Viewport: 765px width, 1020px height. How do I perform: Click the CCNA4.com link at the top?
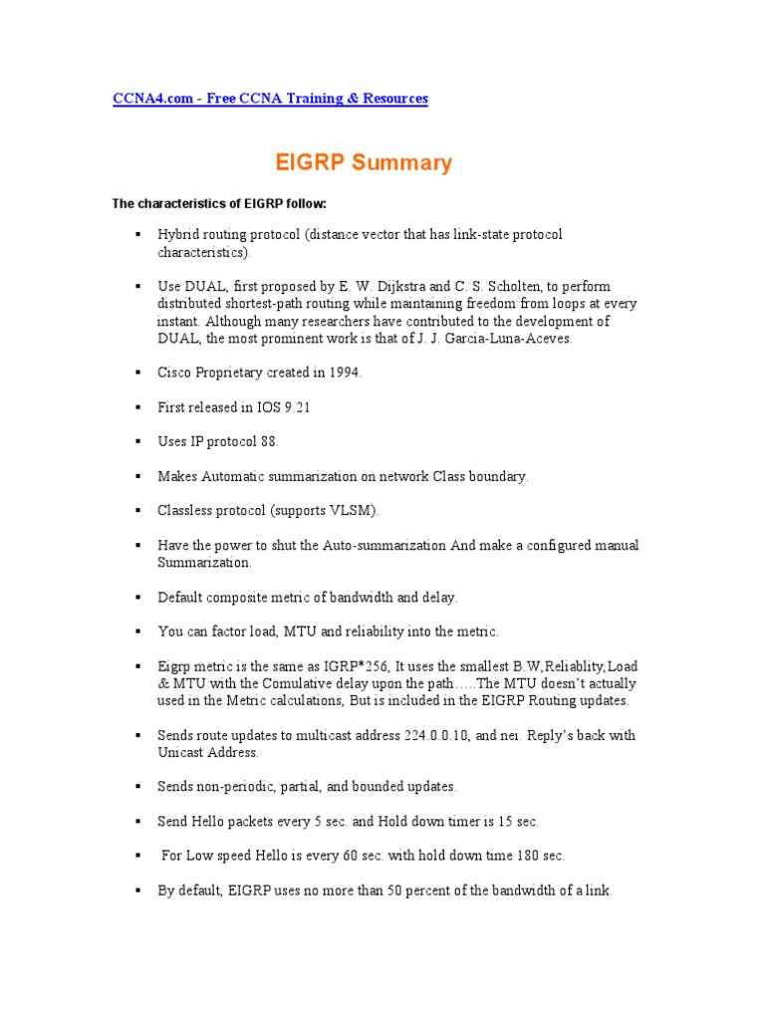[x=270, y=99]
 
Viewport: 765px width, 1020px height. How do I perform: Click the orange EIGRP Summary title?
[x=363, y=162]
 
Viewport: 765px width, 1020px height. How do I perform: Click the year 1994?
[x=343, y=373]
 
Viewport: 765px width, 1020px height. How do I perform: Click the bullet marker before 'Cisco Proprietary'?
[x=136, y=373]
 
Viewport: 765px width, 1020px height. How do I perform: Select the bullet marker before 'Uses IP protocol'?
[x=136, y=442]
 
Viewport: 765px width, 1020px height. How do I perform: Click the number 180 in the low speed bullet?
[x=527, y=856]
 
